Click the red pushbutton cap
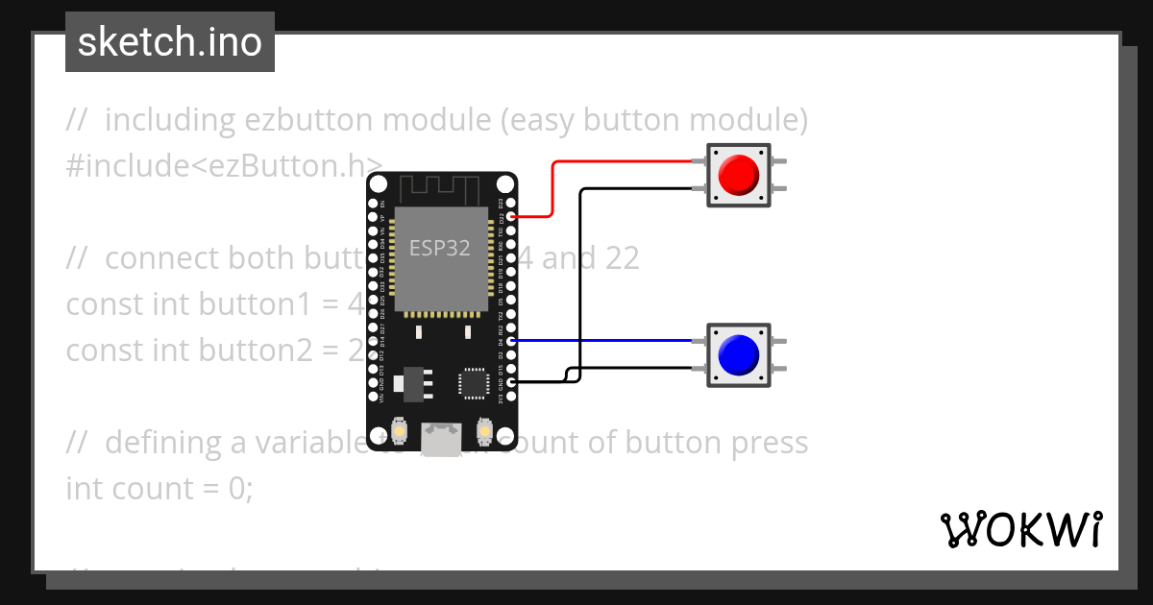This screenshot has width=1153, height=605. click(x=738, y=174)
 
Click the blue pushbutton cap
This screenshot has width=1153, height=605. click(x=738, y=355)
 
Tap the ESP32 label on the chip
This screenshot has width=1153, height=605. click(x=440, y=248)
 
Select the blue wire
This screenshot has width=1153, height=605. click(x=605, y=340)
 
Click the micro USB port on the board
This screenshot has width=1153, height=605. click(x=441, y=439)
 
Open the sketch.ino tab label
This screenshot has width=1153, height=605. click(x=170, y=42)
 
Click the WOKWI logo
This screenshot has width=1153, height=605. click(x=1020, y=529)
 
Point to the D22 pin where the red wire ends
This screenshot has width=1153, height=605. click(x=511, y=217)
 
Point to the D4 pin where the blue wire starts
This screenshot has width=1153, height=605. click(x=511, y=341)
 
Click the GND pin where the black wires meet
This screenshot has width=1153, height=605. click(x=511, y=382)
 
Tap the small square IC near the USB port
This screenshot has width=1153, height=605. click(x=474, y=382)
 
